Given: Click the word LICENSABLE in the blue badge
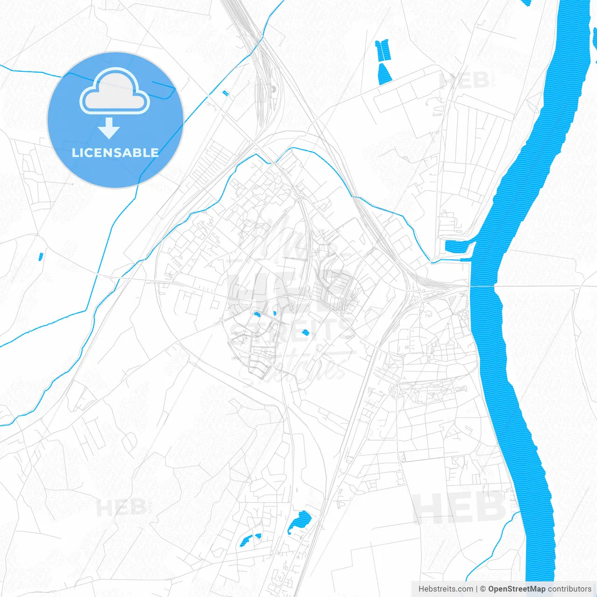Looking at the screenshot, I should click(115, 153).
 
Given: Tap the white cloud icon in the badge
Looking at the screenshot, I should click(115, 92).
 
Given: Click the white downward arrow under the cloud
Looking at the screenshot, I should click(109, 128).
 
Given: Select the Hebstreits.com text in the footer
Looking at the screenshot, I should click(446, 589).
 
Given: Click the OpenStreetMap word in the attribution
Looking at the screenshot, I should click(517, 589).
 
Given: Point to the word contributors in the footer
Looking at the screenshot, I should click(569, 589).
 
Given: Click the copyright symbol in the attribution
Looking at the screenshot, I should click(483, 589).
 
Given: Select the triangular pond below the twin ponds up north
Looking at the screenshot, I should click(384, 74).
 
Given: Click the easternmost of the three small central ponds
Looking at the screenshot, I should click(305, 333).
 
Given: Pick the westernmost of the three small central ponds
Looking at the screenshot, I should click(257, 314).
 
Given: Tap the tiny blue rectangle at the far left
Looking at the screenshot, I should click(41, 256).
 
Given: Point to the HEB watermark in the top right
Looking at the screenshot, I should click(464, 81).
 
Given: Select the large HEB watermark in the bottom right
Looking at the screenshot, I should click(459, 507).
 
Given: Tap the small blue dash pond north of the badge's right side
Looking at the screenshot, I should click(226, 93).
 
